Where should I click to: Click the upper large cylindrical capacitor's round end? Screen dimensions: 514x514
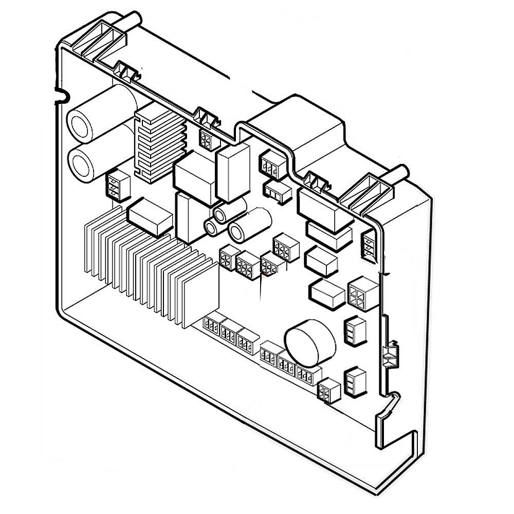click(80, 124)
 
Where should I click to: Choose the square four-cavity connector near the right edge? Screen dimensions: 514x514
click(363, 293)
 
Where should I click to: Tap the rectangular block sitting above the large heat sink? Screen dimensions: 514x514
click(150, 216)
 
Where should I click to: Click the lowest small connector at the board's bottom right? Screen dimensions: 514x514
click(328, 392)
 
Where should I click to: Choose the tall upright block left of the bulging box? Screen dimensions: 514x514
click(233, 172)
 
